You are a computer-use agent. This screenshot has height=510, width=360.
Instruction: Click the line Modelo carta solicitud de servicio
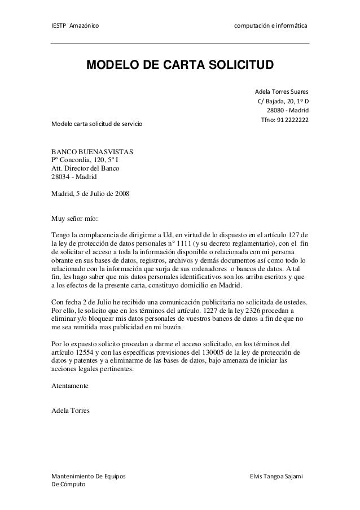97,123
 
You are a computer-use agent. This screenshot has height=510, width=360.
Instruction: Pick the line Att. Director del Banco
85,168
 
